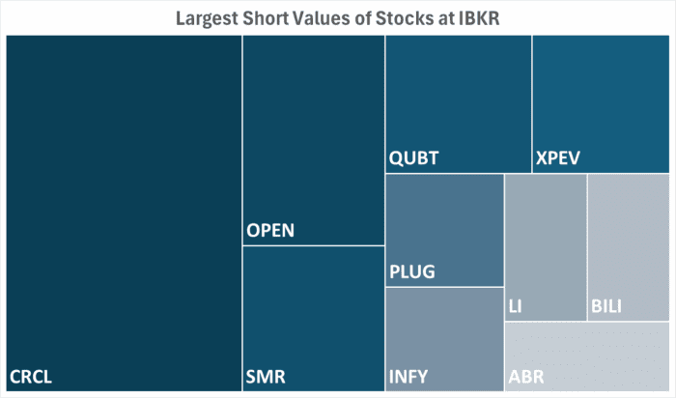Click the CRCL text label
pyautogui.click(x=31, y=376)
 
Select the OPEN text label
pyautogui.click(x=270, y=231)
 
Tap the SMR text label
pyautogui.click(x=267, y=376)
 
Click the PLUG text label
pyautogui.click(x=412, y=271)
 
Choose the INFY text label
pyautogui.click(x=408, y=376)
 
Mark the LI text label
pyautogui.click(x=515, y=307)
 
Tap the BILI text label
pyautogui.click(x=606, y=307)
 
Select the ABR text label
pyautogui.click(x=526, y=376)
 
